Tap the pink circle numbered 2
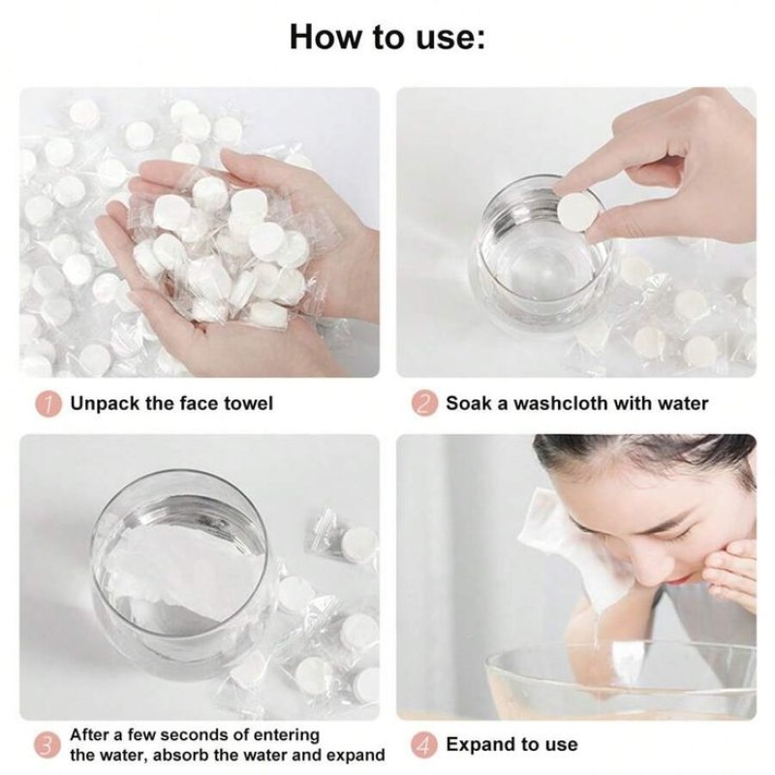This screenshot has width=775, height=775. (423, 403)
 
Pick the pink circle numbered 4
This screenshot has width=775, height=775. (423, 745)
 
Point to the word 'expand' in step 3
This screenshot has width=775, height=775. (352, 756)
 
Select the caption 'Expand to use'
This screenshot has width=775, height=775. (511, 745)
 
